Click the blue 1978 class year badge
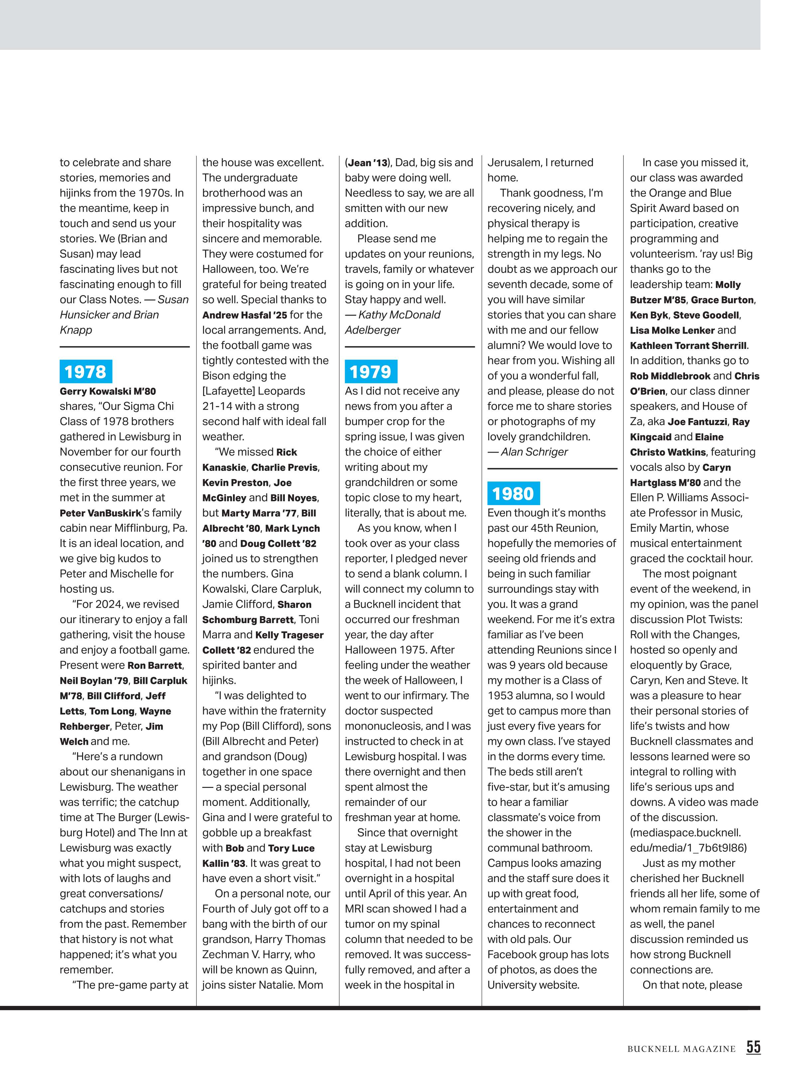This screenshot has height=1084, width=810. [85, 372]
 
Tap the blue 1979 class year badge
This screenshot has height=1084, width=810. [371, 372]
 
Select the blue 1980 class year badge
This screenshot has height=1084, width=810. [513, 493]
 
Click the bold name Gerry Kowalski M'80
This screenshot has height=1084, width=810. [108, 391]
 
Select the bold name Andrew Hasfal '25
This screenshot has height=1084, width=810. [245, 315]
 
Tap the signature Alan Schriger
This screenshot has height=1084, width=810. [534, 452]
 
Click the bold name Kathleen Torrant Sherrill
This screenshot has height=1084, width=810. [688, 346]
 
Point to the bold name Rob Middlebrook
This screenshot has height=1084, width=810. [670, 376]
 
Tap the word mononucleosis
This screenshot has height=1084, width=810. [380, 726]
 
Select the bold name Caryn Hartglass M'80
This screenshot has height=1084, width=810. [716, 468]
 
